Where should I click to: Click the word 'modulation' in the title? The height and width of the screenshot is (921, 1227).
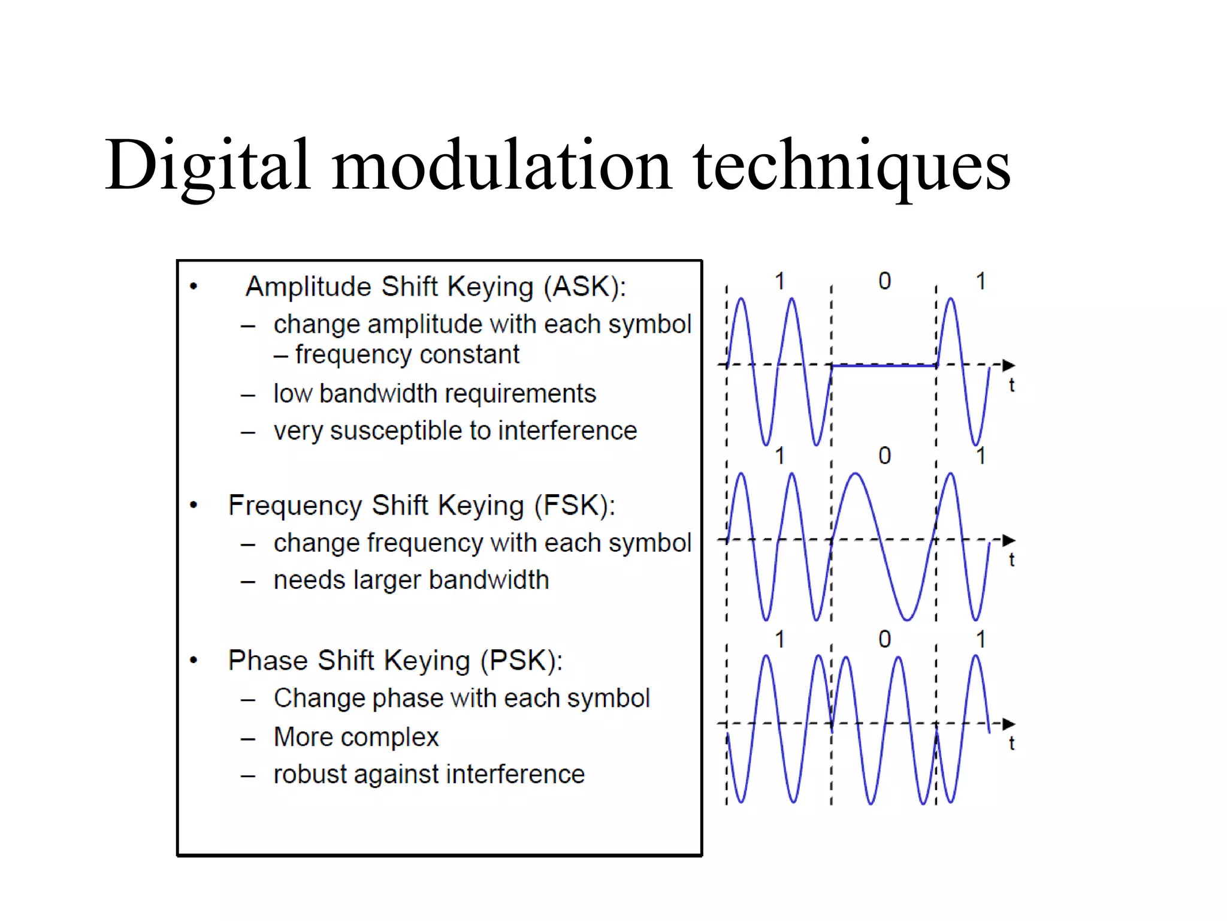click(502, 165)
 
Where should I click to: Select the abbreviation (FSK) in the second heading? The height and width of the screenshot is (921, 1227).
click(574, 505)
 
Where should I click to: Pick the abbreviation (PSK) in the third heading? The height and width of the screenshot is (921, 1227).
click(521, 661)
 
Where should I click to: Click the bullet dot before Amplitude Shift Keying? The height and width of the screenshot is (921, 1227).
click(194, 287)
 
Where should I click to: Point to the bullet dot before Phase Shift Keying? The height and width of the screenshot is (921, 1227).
click(194, 661)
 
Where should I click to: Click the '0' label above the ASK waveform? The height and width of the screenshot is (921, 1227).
click(884, 281)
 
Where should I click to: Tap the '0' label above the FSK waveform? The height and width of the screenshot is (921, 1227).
click(884, 456)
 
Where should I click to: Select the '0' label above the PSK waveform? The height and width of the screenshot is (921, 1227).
click(884, 639)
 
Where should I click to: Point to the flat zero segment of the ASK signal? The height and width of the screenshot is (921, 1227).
click(884, 366)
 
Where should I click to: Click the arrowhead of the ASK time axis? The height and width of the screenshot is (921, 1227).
click(1008, 365)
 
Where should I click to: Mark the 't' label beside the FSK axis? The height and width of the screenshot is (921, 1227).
click(1011, 560)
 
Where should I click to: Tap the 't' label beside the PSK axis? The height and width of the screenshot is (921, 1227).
click(1011, 744)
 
